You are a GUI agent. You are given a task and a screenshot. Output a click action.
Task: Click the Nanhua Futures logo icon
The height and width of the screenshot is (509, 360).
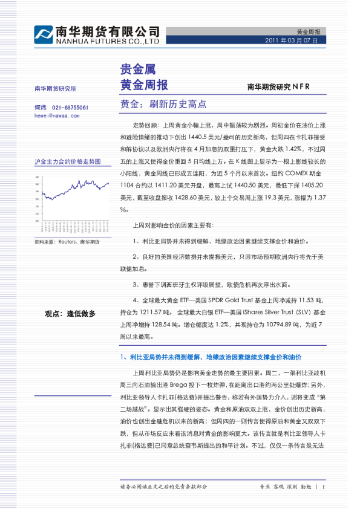tap(44, 36)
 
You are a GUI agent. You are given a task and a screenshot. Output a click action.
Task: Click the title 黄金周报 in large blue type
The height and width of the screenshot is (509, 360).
tap(145, 85)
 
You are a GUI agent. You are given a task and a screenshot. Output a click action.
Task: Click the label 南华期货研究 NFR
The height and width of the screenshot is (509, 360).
tap(278, 87)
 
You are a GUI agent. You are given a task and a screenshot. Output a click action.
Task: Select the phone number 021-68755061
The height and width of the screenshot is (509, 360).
tap(70, 107)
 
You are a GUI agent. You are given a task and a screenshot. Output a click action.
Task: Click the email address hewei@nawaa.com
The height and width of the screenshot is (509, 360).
tap(57, 115)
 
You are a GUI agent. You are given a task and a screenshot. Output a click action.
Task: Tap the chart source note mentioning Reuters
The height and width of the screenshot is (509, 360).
tap(67, 242)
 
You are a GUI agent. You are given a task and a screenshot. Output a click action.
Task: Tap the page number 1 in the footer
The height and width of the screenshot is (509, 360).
tap(324, 487)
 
